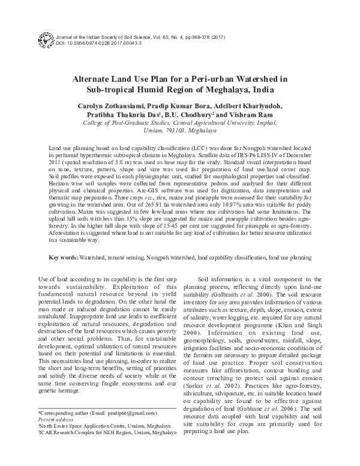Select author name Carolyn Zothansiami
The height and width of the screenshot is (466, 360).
[x=109, y=107]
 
